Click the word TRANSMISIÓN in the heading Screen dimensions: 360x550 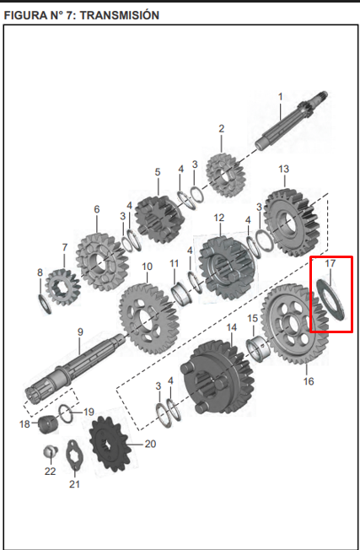121,15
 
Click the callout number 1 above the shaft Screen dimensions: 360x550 280,96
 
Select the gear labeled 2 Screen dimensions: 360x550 225,175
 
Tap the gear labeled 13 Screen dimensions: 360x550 292,221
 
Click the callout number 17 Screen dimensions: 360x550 330,263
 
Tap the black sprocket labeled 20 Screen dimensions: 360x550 110,444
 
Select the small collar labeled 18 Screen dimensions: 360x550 47,423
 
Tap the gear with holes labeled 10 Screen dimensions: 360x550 148,319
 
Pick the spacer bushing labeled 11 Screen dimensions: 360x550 180,294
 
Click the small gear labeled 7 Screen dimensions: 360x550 62,286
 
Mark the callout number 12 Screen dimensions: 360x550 218,218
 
